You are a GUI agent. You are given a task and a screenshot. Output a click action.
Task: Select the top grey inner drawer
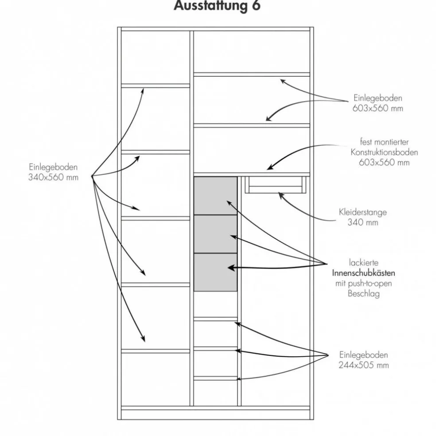[x=215, y=196]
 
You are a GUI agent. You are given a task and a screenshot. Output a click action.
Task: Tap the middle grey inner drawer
[x=215, y=234]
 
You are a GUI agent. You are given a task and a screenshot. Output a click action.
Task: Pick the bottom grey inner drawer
[x=215, y=272]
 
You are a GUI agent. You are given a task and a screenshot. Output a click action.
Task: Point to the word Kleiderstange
[x=363, y=212]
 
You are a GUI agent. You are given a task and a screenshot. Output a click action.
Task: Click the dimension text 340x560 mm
[x=53, y=177]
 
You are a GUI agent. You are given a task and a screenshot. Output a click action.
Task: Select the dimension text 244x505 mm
[x=364, y=365]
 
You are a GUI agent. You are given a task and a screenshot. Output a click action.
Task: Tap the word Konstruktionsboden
[x=384, y=152]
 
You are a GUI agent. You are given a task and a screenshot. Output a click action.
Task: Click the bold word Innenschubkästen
[x=364, y=273]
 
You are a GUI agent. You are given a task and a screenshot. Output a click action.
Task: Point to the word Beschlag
[x=363, y=294]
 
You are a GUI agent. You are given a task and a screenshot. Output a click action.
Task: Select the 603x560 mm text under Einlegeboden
[x=378, y=109]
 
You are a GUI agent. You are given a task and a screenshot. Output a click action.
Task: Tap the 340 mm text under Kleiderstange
[x=363, y=222]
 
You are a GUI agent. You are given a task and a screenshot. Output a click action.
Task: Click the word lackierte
[x=363, y=263]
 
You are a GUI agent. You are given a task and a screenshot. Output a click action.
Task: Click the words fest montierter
[x=384, y=142]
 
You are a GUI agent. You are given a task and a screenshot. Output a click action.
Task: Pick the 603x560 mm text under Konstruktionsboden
[x=384, y=163]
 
